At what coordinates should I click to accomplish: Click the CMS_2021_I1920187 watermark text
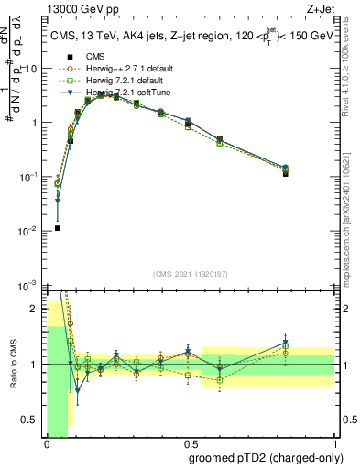tap(190, 274)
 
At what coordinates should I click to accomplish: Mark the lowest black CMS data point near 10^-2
tap(57, 228)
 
